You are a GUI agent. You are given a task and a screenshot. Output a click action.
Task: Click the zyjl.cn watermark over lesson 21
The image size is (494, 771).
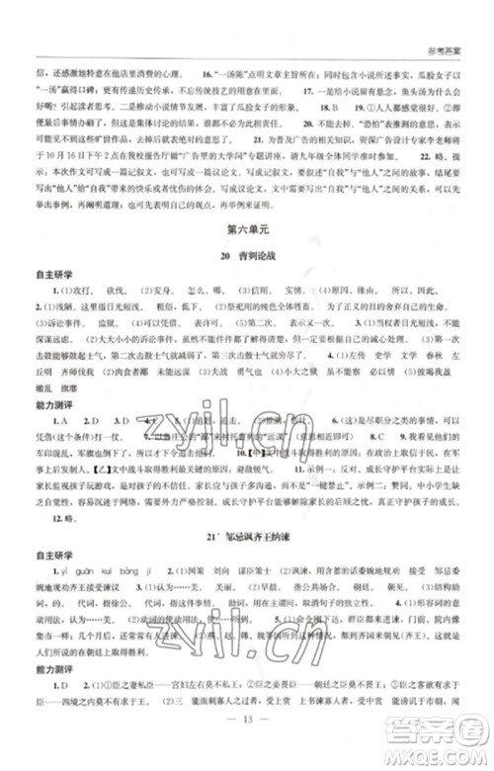pos(296,647)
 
